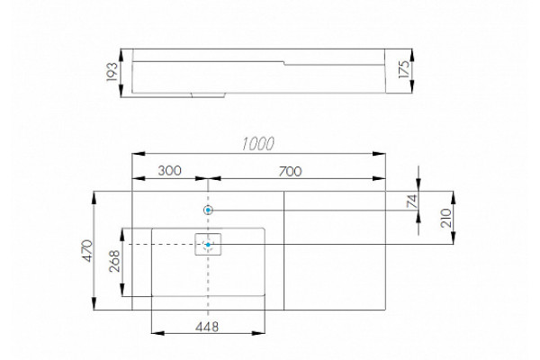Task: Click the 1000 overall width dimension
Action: point(258,144)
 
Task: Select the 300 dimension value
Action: point(170,170)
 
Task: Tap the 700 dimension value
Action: point(291,171)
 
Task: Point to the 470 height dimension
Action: point(88,251)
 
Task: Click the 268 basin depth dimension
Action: point(114,261)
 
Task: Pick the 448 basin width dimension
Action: point(207,327)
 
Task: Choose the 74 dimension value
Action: point(412,202)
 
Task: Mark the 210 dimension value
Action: point(446,218)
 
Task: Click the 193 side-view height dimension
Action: point(112,72)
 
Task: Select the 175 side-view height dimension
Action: point(404,69)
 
